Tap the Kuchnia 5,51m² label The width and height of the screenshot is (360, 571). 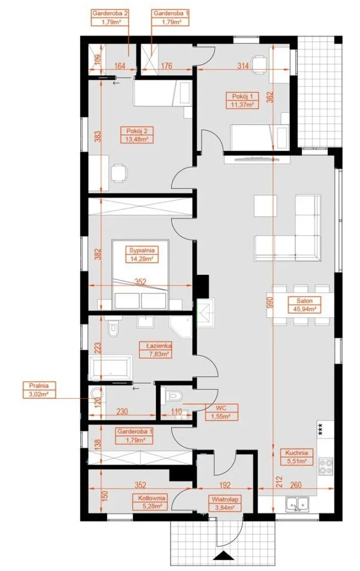click(296, 457)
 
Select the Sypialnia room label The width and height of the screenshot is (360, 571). click(142, 254)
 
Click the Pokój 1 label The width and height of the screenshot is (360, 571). click(242, 100)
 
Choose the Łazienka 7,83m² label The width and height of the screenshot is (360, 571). click(156, 350)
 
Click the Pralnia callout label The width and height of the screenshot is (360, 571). click(40, 389)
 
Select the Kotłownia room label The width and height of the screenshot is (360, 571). click(152, 502)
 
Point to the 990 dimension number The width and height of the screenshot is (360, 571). click(270, 302)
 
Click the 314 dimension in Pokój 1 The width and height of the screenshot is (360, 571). click(243, 66)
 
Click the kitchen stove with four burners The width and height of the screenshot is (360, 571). click(326, 467)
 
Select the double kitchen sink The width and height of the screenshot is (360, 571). click(296, 504)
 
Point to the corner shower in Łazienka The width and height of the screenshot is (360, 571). click(181, 327)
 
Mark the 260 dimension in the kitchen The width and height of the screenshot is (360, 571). click(295, 485)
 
